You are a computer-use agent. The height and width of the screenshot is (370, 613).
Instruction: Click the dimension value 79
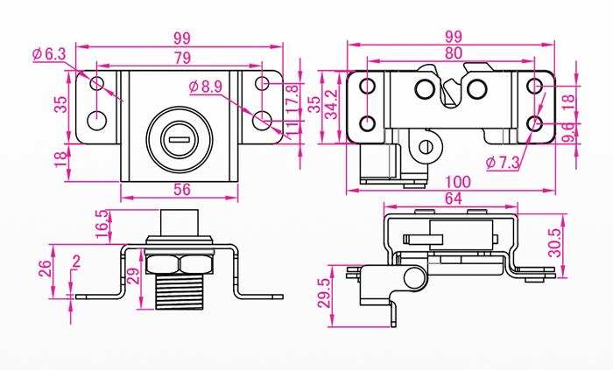pyautogui.click(x=182, y=58)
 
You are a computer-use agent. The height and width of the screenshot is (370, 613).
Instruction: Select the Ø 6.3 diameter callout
pyautogui.click(x=49, y=54)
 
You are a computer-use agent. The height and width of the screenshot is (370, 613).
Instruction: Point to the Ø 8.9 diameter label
pyautogui.click(x=206, y=86)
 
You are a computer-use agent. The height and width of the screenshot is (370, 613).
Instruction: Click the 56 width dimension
pyautogui.click(x=181, y=189)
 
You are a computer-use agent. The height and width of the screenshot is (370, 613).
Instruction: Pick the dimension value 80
pyautogui.click(x=453, y=52)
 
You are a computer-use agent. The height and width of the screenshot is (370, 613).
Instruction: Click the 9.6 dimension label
pyautogui.click(x=568, y=133)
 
